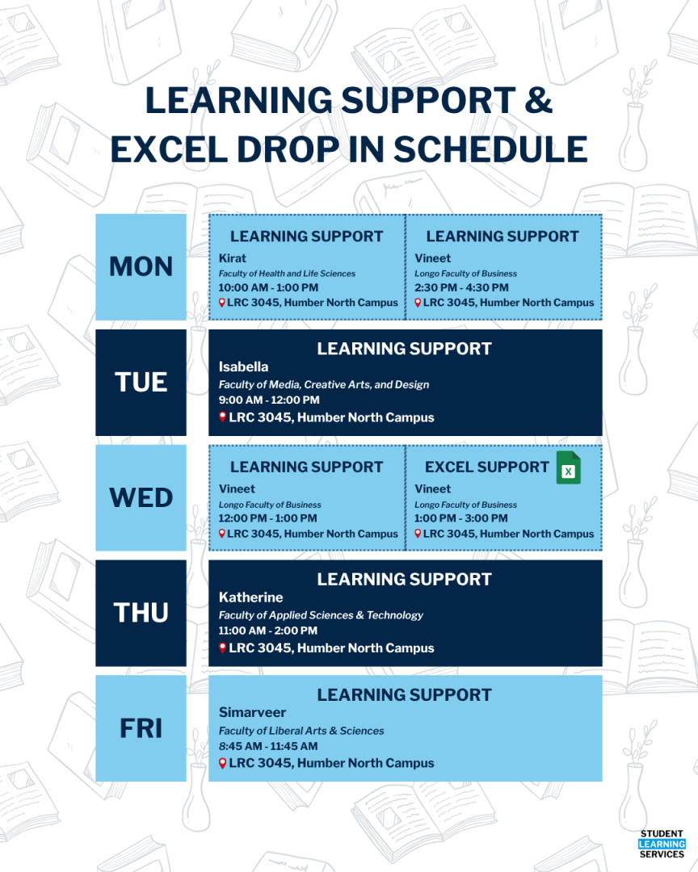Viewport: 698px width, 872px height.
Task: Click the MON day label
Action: tap(141, 266)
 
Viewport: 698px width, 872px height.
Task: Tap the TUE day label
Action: tap(141, 382)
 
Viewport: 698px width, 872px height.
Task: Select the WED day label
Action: tap(141, 497)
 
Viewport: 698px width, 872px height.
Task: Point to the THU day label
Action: tap(141, 613)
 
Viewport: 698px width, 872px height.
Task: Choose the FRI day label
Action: tap(141, 728)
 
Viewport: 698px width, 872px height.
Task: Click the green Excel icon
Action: tap(568, 468)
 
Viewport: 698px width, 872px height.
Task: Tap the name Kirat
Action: tap(233, 258)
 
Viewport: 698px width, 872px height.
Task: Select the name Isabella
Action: tap(243, 367)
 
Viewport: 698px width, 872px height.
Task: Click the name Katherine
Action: tap(250, 597)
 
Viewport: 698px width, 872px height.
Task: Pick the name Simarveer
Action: tap(252, 713)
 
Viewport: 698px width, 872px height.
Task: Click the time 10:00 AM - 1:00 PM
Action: tap(268, 287)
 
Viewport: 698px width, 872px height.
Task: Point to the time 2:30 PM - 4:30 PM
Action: tap(461, 287)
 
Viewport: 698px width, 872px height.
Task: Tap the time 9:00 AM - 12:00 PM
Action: tap(269, 400)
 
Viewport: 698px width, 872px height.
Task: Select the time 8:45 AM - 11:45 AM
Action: tap(268, 746)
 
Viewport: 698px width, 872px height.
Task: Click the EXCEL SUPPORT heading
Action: tap(486, 467)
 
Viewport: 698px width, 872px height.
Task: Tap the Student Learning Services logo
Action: tap(661, 844)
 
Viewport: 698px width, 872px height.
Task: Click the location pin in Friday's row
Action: tap(223, 763)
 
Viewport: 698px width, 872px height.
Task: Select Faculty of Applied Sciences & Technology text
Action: tap(321, 615)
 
